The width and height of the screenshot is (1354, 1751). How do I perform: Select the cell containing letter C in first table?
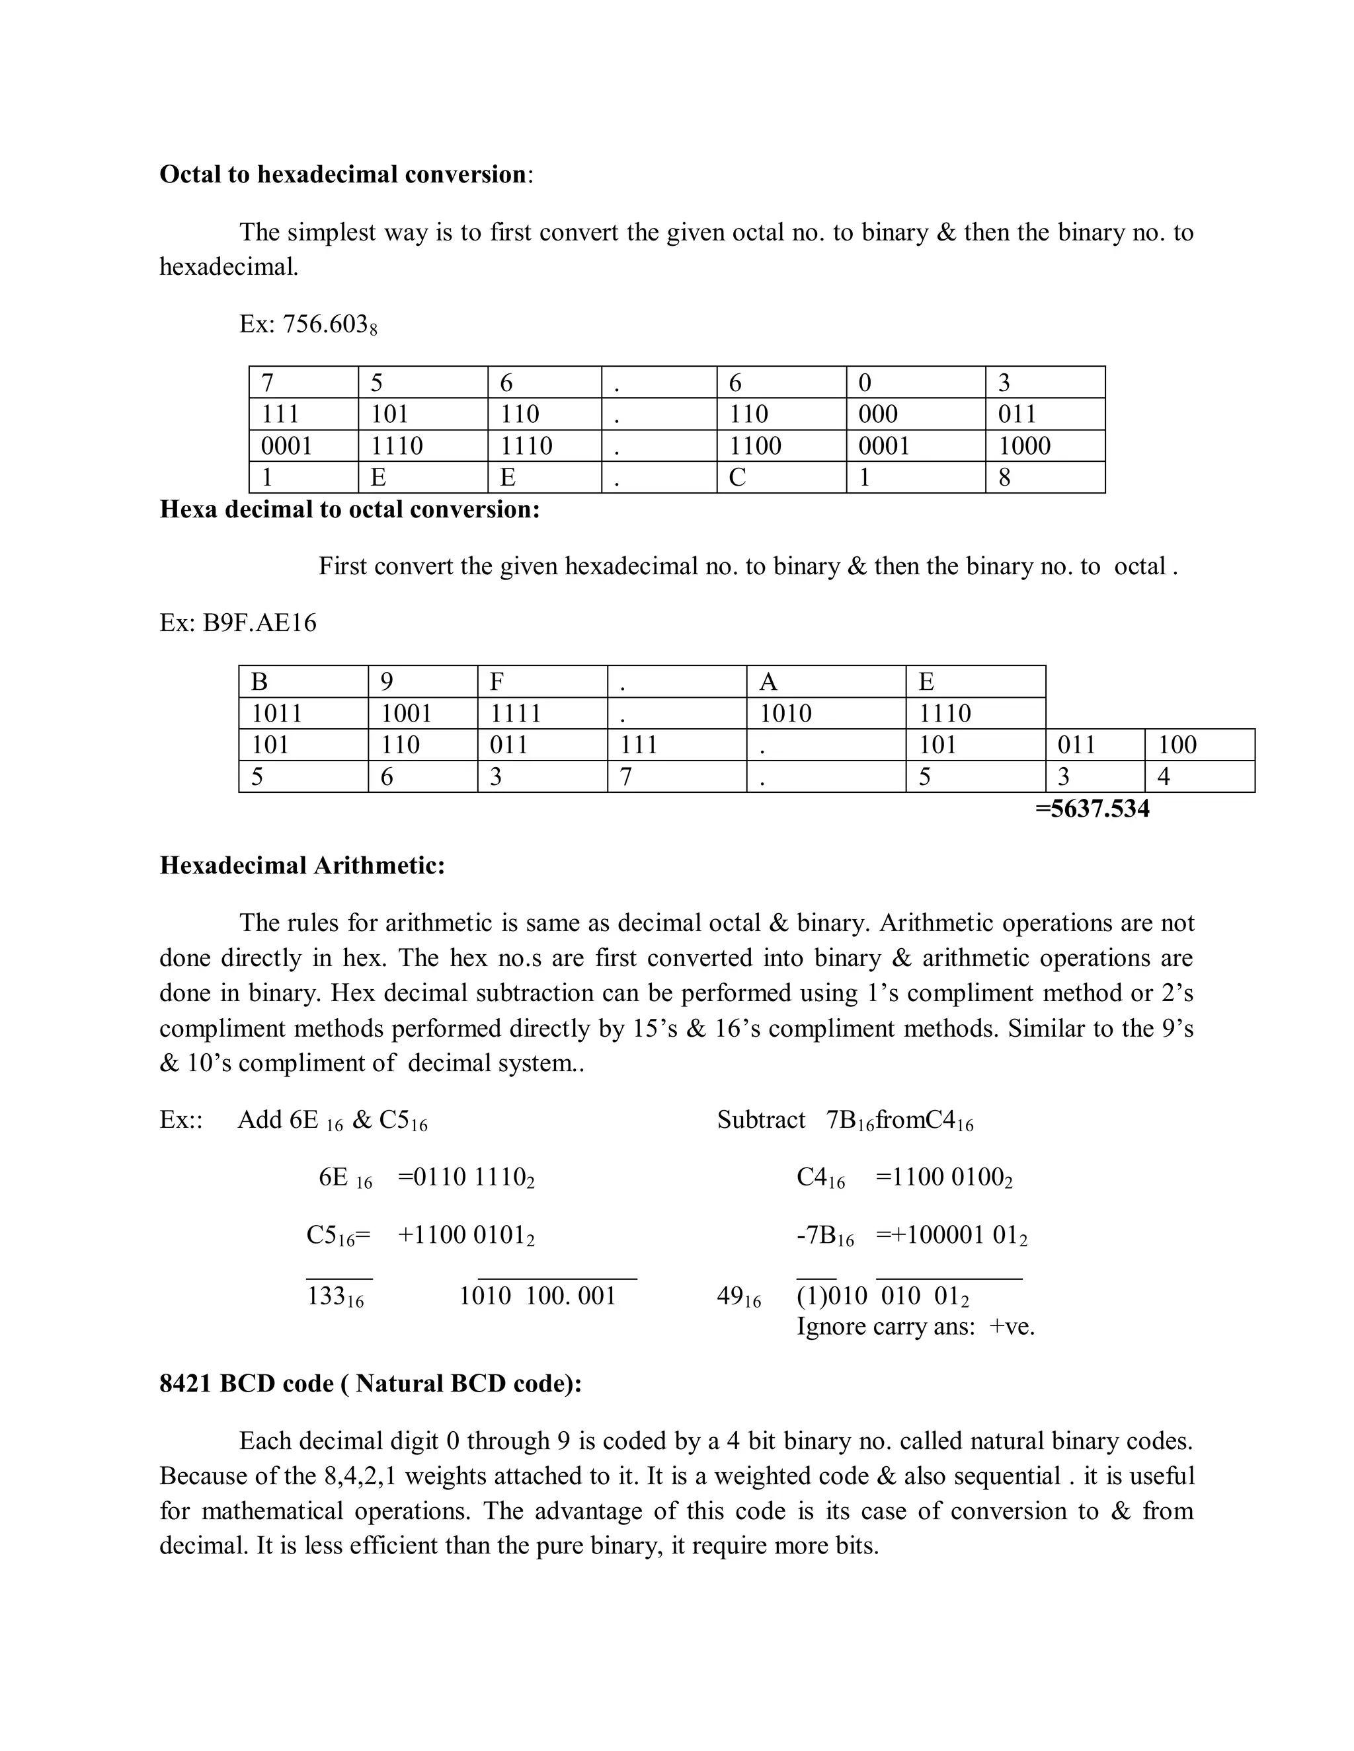781,477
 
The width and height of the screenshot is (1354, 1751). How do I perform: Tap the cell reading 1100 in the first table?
781,446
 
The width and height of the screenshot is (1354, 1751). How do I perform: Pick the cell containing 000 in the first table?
914,414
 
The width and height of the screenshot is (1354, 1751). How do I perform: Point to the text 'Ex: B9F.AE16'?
238,622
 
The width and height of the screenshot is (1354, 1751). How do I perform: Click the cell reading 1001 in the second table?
422,713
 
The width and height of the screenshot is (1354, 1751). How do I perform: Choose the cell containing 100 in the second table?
1199,745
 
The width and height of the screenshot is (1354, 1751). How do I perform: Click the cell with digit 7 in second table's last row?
676,776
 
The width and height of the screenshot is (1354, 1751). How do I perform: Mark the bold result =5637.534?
1092,808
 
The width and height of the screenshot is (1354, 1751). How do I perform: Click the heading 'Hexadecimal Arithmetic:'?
302,865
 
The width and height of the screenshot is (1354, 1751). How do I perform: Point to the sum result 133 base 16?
335,1296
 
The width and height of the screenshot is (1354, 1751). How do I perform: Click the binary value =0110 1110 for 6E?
466,1177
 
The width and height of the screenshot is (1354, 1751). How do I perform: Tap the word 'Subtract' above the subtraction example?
760,1120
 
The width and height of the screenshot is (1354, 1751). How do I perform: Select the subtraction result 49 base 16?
738,1296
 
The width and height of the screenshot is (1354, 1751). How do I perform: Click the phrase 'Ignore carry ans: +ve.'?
915,1326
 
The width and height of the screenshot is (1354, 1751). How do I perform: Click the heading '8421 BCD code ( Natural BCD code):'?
371,1384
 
